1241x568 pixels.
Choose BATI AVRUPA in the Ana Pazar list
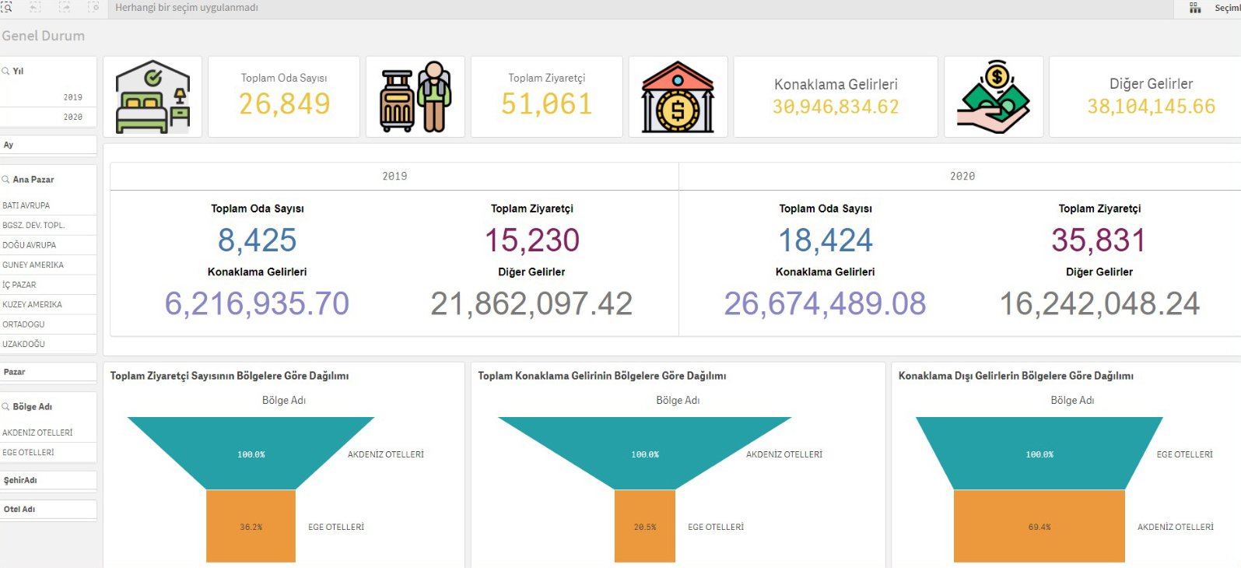click(x=26, y=205)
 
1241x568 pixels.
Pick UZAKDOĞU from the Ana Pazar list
click(x=24, y=344)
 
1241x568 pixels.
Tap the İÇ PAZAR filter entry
click(x=19, y=285)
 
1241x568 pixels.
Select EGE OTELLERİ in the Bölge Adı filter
click(x=29, y=452)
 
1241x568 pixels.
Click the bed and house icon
click(x=152, y=97)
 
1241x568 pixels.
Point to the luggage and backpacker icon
click(x=415, y=97)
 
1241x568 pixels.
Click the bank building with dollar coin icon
click(x=678, y=97)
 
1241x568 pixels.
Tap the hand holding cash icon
click(x=994, y=97)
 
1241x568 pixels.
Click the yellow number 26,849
click(x=284, y=103)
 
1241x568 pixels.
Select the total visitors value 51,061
click(x=546, y=103)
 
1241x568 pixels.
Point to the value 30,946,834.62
click(x=836, y=107)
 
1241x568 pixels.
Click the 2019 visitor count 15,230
click(x=532, y=240)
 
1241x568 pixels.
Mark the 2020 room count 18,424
click(x=826, y=240)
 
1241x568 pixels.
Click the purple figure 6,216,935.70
click(x=257, y=303)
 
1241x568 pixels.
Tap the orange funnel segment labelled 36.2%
click(x=251, y=526)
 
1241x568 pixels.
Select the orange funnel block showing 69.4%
click(x=1039, y=526)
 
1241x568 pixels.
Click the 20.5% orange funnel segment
click(x=644, y=526)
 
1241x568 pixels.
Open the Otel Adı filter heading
click(x=19, y=509)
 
